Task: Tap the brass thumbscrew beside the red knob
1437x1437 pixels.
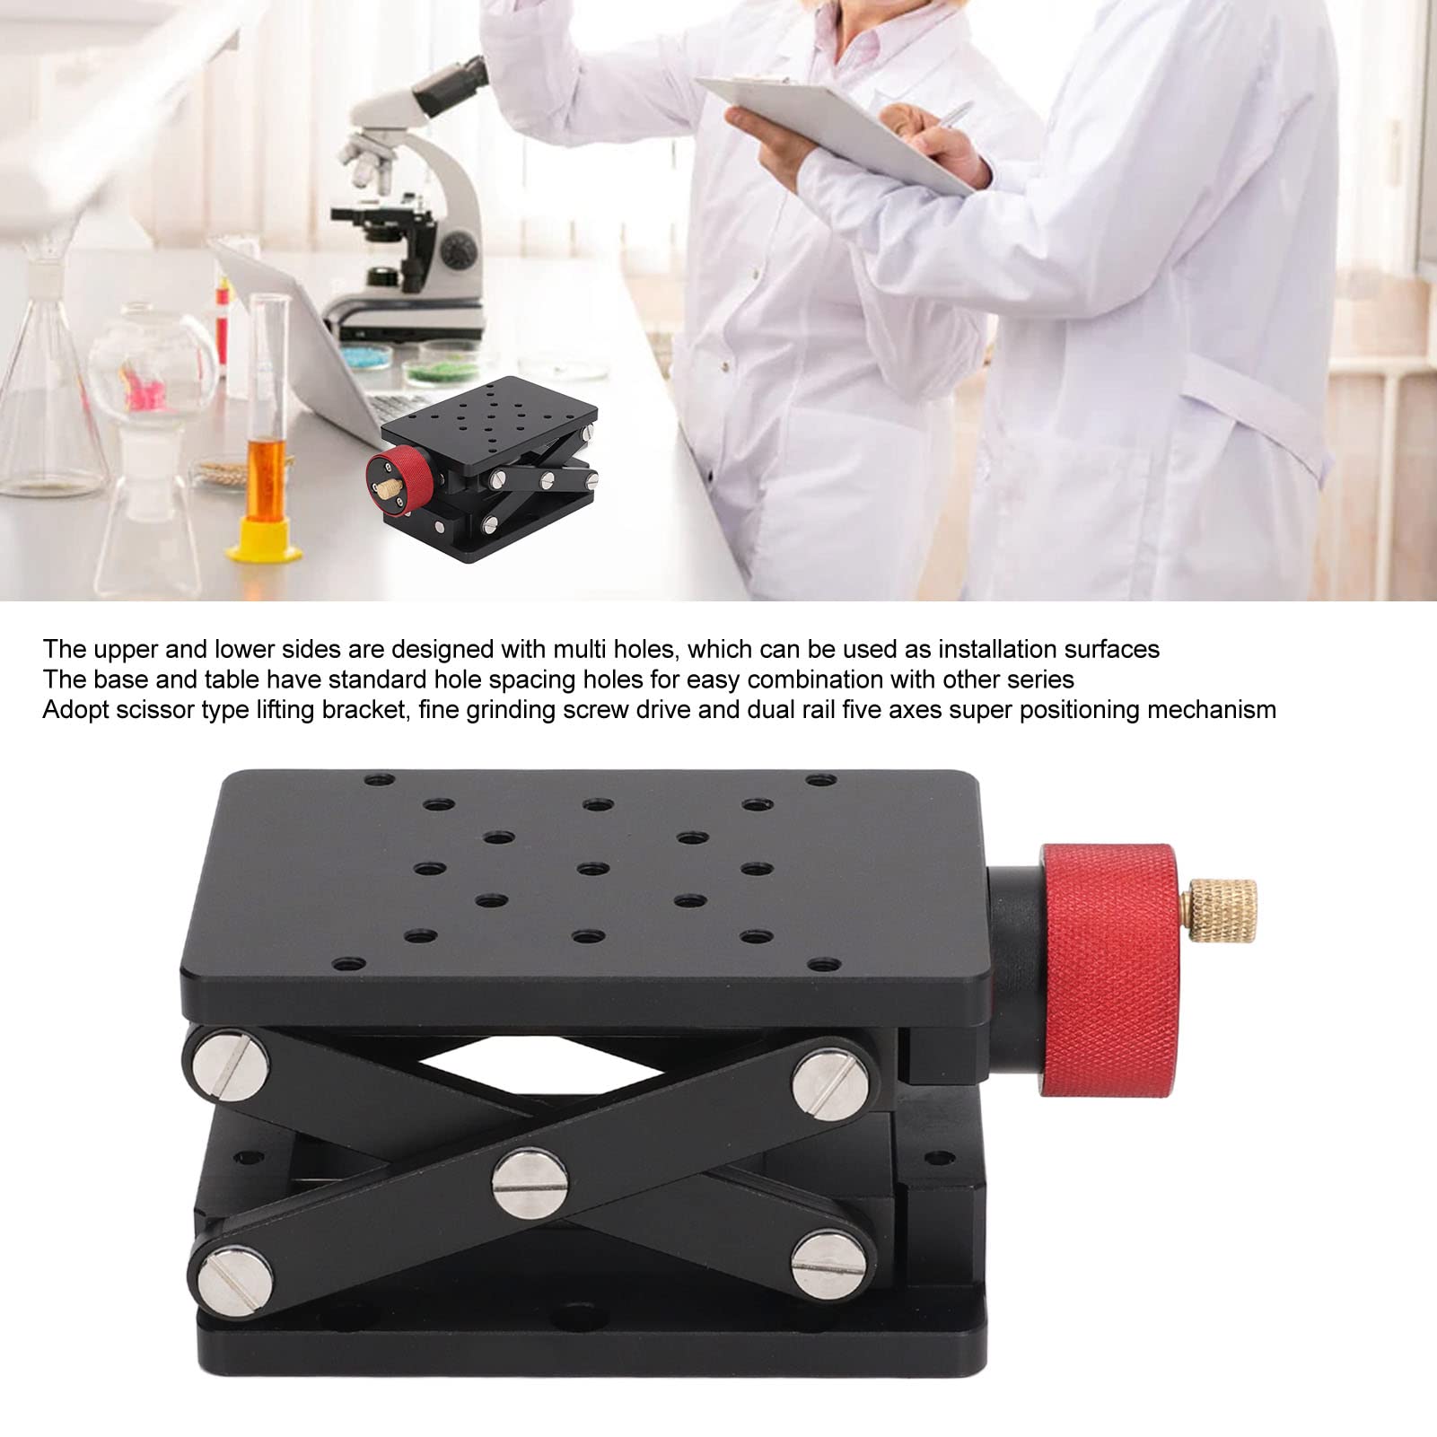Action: [1218, 913]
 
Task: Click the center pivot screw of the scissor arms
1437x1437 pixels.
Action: [530, 1183]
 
